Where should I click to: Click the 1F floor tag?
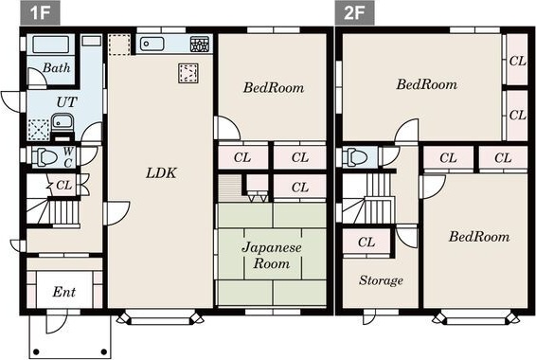(40, 12)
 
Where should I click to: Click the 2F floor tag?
(354, 12)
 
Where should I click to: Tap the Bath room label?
(57, 67)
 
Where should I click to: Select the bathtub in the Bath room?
(50, 45)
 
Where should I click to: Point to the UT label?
(66, 102)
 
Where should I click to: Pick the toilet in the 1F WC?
(45, 157)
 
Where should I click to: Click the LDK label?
(161, 173)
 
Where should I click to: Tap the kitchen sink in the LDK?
(152, 44)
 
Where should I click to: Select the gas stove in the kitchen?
(200, 45)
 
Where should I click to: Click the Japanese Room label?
(272, 256)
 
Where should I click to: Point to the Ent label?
(64, 292)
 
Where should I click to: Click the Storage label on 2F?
(381, 280)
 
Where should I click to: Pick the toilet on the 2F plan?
(356, 157)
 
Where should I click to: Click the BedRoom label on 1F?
(274, 88)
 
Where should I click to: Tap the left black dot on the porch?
(36, 351)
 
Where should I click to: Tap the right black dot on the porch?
(104, 351)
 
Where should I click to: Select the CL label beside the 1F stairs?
(64, 186)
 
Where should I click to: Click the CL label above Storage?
(366, 243)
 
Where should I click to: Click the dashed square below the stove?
(188, 73)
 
